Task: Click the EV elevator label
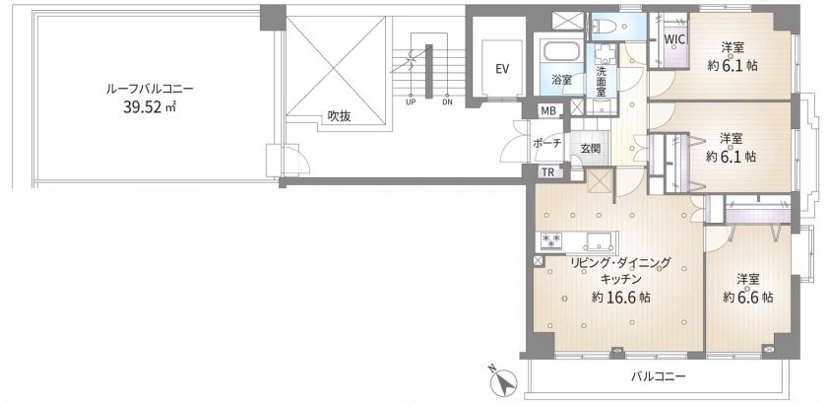502,69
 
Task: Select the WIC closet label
674,39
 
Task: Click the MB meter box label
547,111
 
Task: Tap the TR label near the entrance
547,171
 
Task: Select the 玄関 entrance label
591,148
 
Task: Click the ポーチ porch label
546,143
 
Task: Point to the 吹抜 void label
339,117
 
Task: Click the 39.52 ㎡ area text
150,107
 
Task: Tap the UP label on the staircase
410,102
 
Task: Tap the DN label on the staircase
447,102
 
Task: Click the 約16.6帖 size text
621,298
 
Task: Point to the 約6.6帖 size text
748,298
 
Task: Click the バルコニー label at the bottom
659,376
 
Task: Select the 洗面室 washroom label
602,81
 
